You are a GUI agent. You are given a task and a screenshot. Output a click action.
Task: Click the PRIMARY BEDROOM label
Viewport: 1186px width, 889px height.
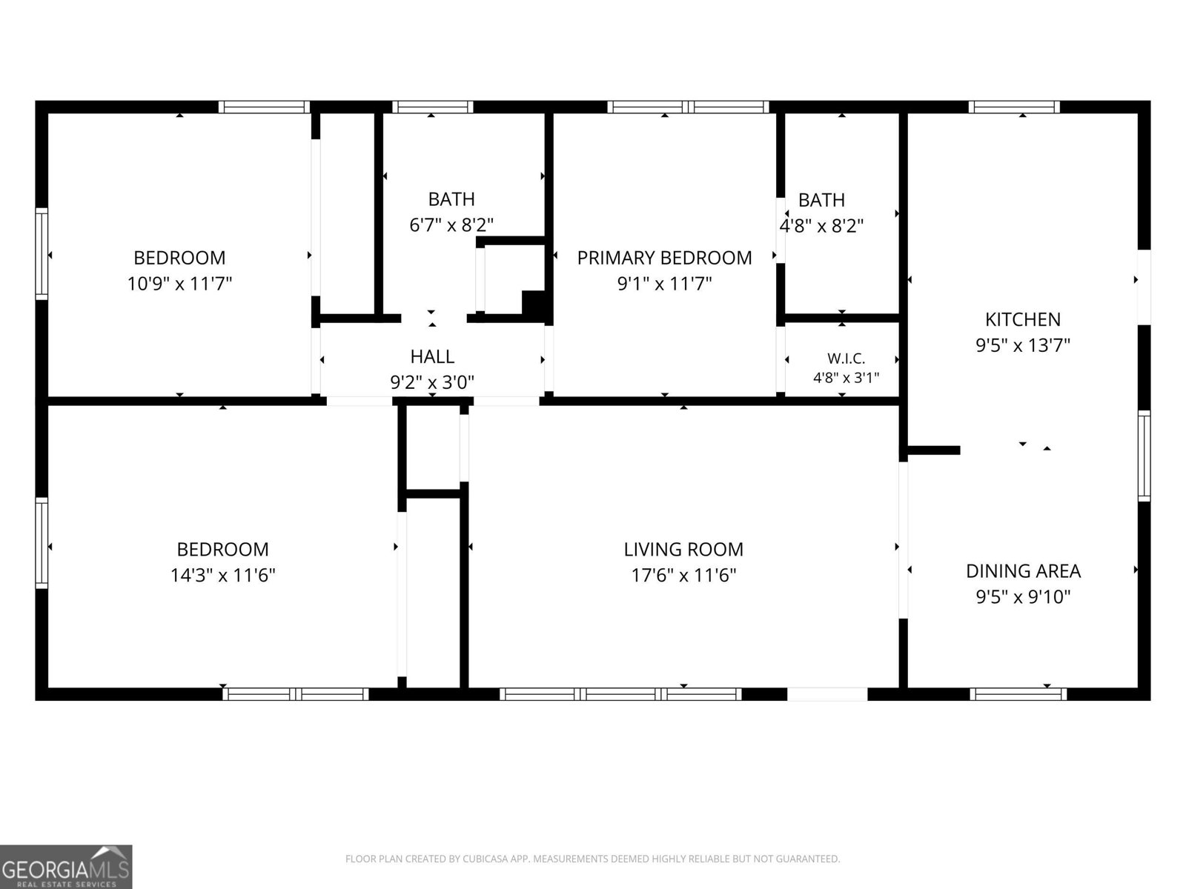(664, 258)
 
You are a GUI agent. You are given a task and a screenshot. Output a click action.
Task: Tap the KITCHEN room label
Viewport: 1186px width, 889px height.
(1023, 319)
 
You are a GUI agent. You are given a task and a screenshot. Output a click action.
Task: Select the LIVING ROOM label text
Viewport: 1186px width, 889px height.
(683, 550)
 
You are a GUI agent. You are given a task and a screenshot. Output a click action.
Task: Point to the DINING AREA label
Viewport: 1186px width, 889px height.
(1024, 571)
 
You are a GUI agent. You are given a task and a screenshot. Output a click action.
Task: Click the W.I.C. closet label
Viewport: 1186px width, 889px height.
(847, 359)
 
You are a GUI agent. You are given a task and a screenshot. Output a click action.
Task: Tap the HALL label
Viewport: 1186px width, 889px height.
(432, 357)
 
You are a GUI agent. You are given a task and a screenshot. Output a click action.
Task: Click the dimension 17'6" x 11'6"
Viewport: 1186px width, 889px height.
(683, 576)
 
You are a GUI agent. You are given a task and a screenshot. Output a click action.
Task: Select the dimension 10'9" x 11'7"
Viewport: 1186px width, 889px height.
(179, 284)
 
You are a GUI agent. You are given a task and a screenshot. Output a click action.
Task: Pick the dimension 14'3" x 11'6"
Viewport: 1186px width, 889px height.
(222, 576)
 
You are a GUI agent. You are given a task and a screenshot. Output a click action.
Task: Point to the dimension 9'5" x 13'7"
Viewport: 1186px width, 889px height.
(1023, 345)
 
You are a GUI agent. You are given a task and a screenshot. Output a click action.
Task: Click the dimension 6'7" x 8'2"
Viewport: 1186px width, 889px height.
(451, 225)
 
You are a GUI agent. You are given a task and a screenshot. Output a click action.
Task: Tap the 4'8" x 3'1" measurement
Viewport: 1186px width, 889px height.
(847, 378)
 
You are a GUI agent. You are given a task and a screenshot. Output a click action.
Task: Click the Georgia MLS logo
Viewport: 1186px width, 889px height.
(66, 867)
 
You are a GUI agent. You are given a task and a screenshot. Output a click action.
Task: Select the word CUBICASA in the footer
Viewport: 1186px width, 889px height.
(483, 859)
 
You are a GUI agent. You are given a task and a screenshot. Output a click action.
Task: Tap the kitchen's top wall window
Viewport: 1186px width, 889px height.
(1013, 107)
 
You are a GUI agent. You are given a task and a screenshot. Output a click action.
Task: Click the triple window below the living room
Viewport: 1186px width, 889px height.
(620, 694)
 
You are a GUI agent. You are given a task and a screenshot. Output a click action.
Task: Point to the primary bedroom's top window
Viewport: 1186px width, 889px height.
(688, 107)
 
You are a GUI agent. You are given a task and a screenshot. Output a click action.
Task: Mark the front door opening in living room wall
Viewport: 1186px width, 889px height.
(827, 694)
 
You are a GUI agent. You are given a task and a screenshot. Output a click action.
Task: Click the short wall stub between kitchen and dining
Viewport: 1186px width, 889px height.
(933, 450)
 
